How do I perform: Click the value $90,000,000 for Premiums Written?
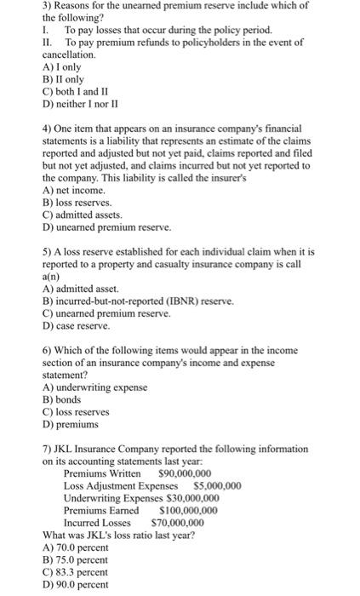185,473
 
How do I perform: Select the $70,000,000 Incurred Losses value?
177,523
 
